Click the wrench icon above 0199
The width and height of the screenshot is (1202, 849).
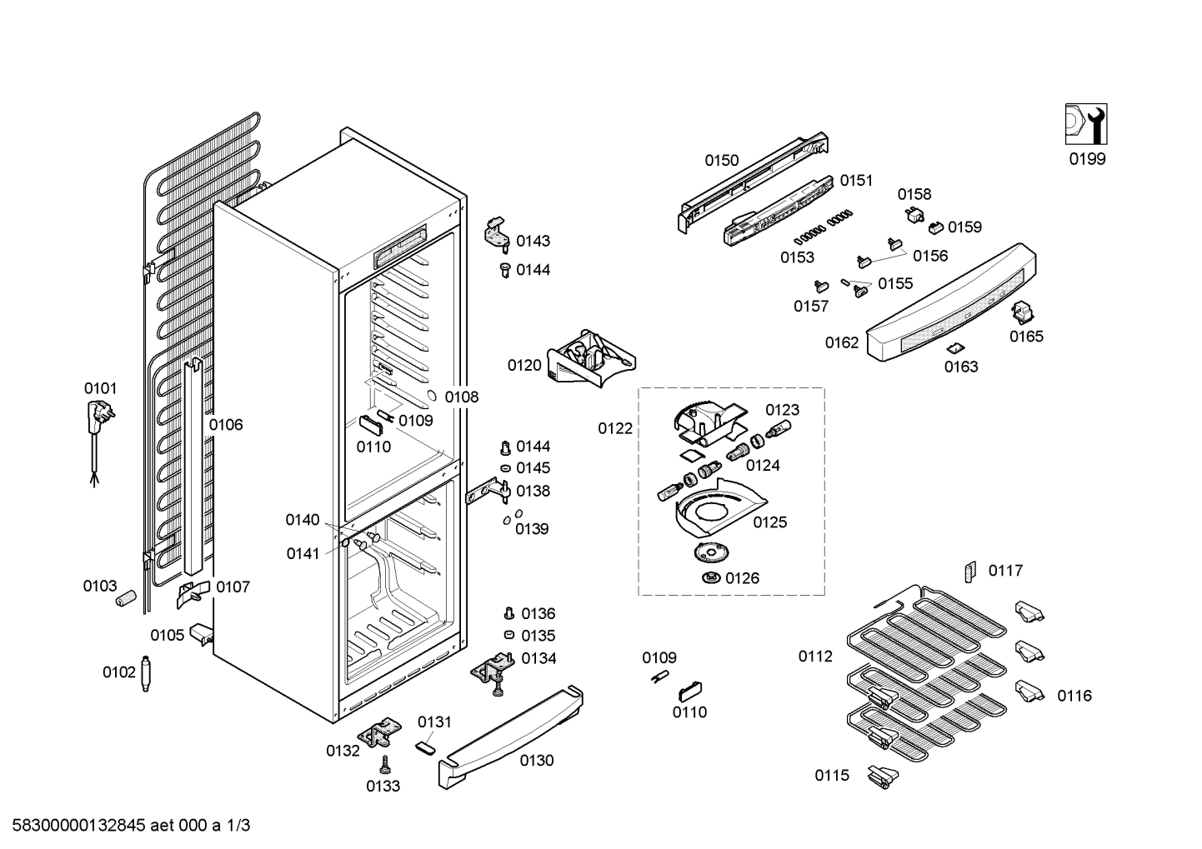point(1086,124)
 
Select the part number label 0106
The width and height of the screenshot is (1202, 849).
point(225,425)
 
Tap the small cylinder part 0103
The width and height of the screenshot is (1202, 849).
point(127,598)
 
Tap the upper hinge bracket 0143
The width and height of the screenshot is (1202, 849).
point(498,232)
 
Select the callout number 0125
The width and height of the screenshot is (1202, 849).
point(769,522)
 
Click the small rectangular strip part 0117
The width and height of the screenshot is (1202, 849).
point(969,572)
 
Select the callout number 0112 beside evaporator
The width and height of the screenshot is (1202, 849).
point(815,657)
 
